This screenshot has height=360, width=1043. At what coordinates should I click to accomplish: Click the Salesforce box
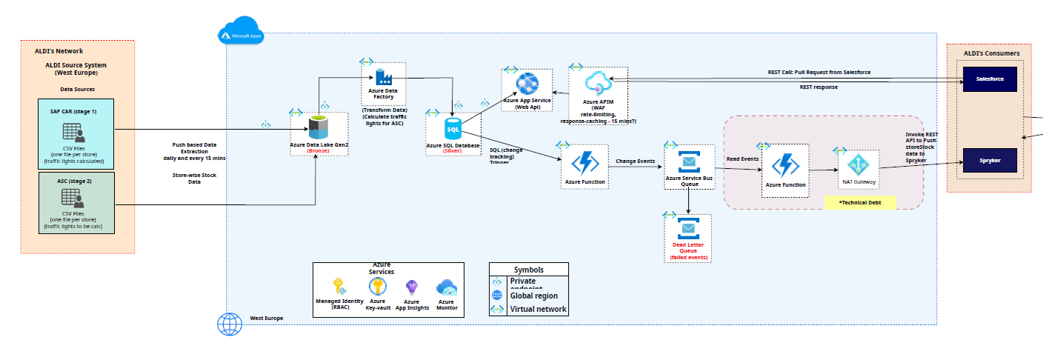pyautogui.click(x=989, y=79)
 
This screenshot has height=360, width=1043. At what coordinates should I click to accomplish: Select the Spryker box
pyautogui.click(x=989, y=160)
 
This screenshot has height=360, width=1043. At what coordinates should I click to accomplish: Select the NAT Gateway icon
pyautogui.click(x=858, y=164)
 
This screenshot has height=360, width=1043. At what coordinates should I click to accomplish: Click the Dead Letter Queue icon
pyautogui.click(x=687, y=229)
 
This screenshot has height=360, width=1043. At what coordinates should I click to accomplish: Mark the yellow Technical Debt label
pyautogui.click(x=859, y=201)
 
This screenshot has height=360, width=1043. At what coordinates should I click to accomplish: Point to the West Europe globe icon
pyautogui.click(x=230, y=323)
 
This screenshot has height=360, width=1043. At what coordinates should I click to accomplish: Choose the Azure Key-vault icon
pyautogui.click(x=377, y=287)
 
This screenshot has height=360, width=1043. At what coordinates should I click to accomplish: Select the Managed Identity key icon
pyautogui.click(x=339, y=287)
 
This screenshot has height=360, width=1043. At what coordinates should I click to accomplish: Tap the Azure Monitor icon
pyautogui.click(x=446, y=287)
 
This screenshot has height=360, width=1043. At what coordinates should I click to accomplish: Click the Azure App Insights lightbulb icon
pyautogui.click(x=412, y=287)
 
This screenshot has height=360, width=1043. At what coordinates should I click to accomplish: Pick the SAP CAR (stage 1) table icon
pyautogui.click(x=74, y=134)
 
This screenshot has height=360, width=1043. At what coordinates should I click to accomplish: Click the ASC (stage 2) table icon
pyautogui.click(x=73, y=199)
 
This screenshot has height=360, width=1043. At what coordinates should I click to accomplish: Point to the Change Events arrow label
pyautogui.click(x=634, y=161)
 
